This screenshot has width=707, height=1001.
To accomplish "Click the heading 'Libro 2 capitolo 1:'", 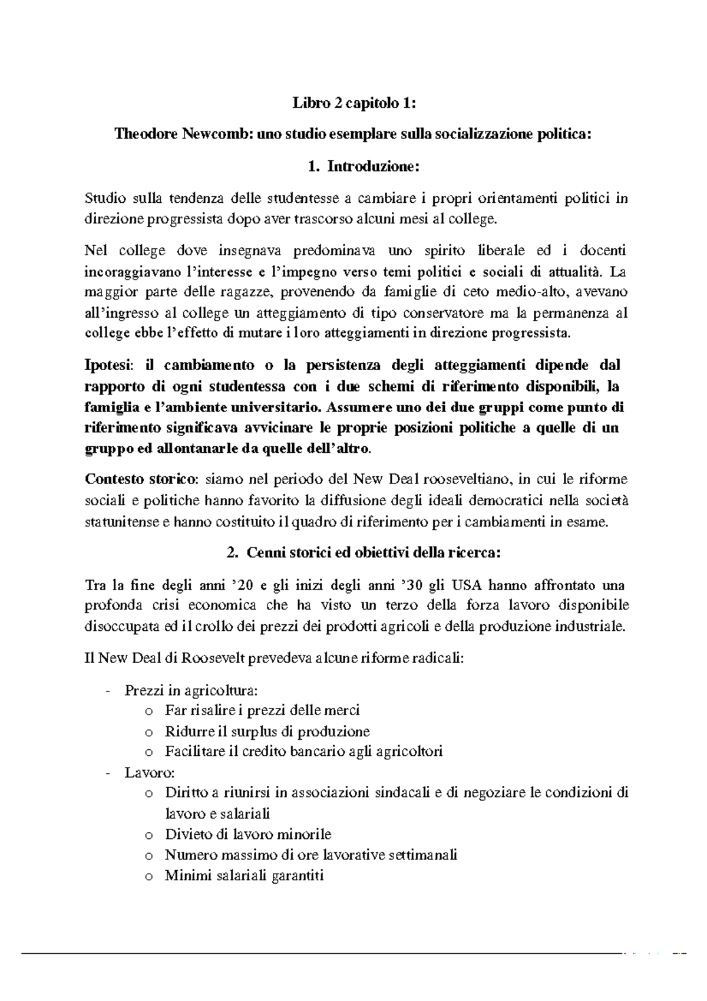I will point(354,104).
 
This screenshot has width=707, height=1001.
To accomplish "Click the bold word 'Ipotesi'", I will point(109,366).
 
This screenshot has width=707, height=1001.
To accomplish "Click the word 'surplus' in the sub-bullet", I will point(256,732).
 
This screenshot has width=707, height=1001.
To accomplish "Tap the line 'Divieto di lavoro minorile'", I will point(248,834).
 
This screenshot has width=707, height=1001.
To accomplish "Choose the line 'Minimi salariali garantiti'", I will point(245,875).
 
